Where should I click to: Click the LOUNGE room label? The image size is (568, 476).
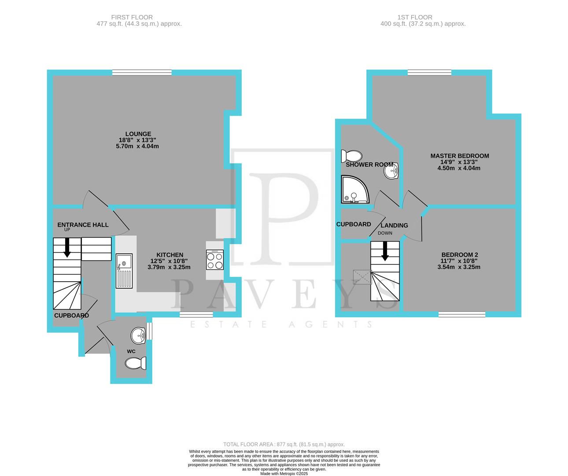pyautogui.click(x=138, y=134)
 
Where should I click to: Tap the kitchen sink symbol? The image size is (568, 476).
pyautogui.click(x=124, y=271)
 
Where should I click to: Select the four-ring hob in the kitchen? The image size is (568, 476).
pyautogui.click(x=214, y=260)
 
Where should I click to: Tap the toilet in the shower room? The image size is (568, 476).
pyautogui.click(x=351, y=156)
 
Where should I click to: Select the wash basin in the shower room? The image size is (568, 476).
pyautogui.click(x=391, y=171)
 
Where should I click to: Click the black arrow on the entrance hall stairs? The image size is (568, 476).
pyautogui.click(x=67, y=248)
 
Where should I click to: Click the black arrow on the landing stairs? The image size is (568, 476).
pyautogui.click(x=385, y=251)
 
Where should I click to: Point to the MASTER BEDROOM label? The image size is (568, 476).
pyautogui.click(x=459, y=156)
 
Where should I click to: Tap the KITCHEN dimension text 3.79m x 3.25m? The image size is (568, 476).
pyautogui.click(x=169, y=267)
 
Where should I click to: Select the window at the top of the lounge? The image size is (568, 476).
pyautogui.click(x=142, y=73)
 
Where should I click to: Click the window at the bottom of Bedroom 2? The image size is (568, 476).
pyautogui.click(x=461, y=314)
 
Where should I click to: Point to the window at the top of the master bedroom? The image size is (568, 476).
pyautogui.click(x=429, y=73)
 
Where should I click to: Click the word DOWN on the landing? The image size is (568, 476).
pyautogui.click(x=385, y=233)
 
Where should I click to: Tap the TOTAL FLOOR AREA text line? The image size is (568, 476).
pyautogui.click(x=284, y=445)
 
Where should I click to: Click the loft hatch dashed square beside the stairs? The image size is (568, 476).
pyautogui.click(x=362, y=277)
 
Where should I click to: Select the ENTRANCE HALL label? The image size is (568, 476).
pyautogui.click(x=83, y=225)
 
